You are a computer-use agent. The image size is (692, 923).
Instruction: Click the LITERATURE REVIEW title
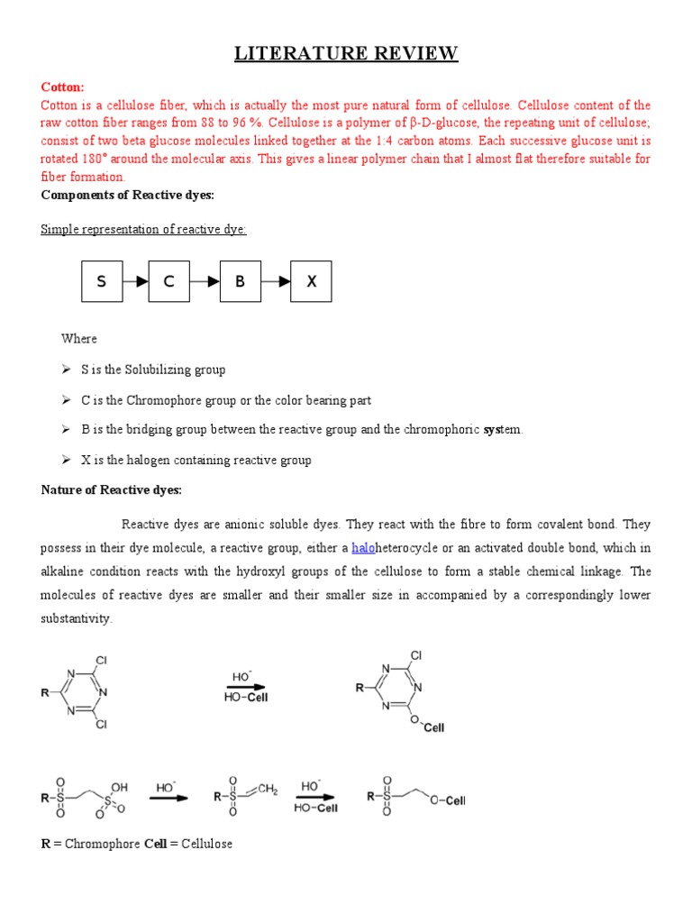coord(346,54)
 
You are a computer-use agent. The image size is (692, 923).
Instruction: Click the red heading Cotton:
coord(62,87)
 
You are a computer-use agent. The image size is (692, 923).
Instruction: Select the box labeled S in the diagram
coord(102,281)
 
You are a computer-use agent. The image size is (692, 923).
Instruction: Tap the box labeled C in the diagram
coord(168,281)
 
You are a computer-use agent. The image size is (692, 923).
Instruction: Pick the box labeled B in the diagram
coord(241,281)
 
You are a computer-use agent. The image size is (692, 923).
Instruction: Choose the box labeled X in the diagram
coord(312,281)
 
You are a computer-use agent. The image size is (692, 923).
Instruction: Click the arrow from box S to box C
coord(135,281)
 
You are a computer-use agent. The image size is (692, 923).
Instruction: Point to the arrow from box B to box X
coord(276,281)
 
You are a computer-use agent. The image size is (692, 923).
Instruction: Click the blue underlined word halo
coord(363,548)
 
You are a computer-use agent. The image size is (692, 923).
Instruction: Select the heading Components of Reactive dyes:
coord(127,196)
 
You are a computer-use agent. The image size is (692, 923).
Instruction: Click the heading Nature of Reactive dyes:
coord(112,490)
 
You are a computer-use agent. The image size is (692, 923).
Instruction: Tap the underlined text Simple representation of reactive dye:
coord(143,229)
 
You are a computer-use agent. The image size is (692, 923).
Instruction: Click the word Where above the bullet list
coord(79,339)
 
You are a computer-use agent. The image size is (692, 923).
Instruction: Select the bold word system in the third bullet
coord(491,430)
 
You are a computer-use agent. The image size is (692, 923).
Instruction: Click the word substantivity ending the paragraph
coord(77,618)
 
